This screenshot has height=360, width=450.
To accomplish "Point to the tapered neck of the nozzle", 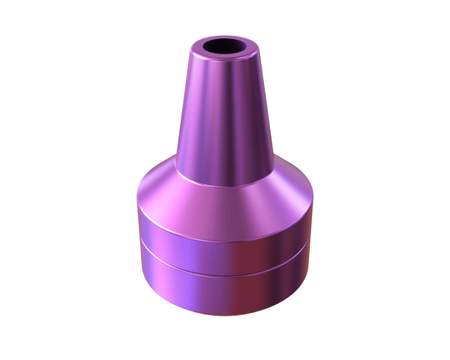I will pos(225,112).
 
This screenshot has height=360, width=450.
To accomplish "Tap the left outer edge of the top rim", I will pos(193,51).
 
